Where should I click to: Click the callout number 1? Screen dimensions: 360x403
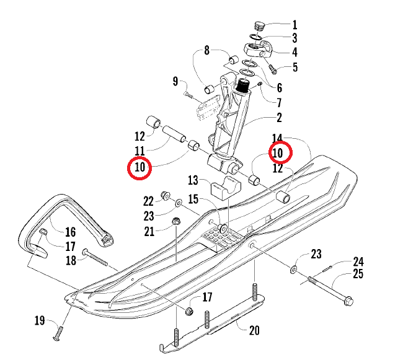(x=294, y=25)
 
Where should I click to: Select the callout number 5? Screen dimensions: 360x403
(x=294, y=67)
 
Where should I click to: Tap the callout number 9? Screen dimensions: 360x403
(x=175, y=81)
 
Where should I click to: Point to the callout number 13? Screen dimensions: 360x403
(x=193, y=180)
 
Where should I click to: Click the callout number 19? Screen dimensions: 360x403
(x=40, y=320)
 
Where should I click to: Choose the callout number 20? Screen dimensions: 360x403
(x=254, y=330)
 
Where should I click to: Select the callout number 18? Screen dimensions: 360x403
(x=71, y=260)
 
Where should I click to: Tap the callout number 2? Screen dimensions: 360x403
(x=278, y=118)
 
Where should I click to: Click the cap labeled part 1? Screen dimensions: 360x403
(x=260, y=27)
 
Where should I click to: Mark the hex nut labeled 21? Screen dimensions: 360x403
(x=175, y=221)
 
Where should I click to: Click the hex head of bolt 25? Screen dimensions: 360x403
(x=347, y=302)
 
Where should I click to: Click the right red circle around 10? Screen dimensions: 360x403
(x=278, y=152)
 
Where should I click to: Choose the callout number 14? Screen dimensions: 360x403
(x=277, y=138)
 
